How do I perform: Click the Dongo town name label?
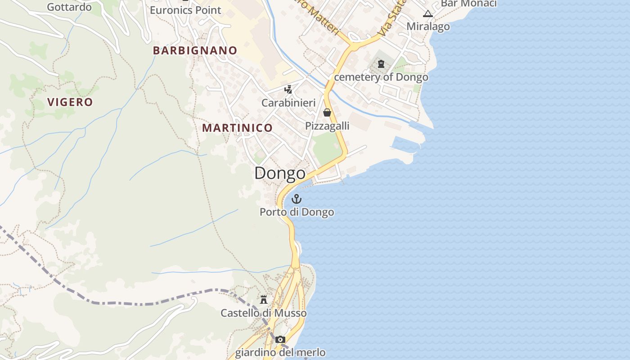280,173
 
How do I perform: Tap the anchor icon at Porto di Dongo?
297,198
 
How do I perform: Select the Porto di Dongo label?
297,212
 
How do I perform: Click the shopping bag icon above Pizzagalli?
327,112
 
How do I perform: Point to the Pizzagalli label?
327,126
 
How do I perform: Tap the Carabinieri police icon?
288,89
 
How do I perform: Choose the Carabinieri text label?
288,103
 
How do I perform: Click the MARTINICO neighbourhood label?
237,128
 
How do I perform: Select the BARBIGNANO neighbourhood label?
195,50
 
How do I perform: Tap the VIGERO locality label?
70,102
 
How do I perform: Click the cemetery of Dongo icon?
381,64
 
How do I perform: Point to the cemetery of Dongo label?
381,77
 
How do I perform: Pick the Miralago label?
428,27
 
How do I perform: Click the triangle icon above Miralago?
428,13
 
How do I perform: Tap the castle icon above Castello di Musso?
264,299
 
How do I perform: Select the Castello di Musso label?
264,313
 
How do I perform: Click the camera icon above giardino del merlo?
280,339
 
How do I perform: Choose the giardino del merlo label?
280,352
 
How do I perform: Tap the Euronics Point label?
185,10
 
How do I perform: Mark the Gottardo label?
69,7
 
